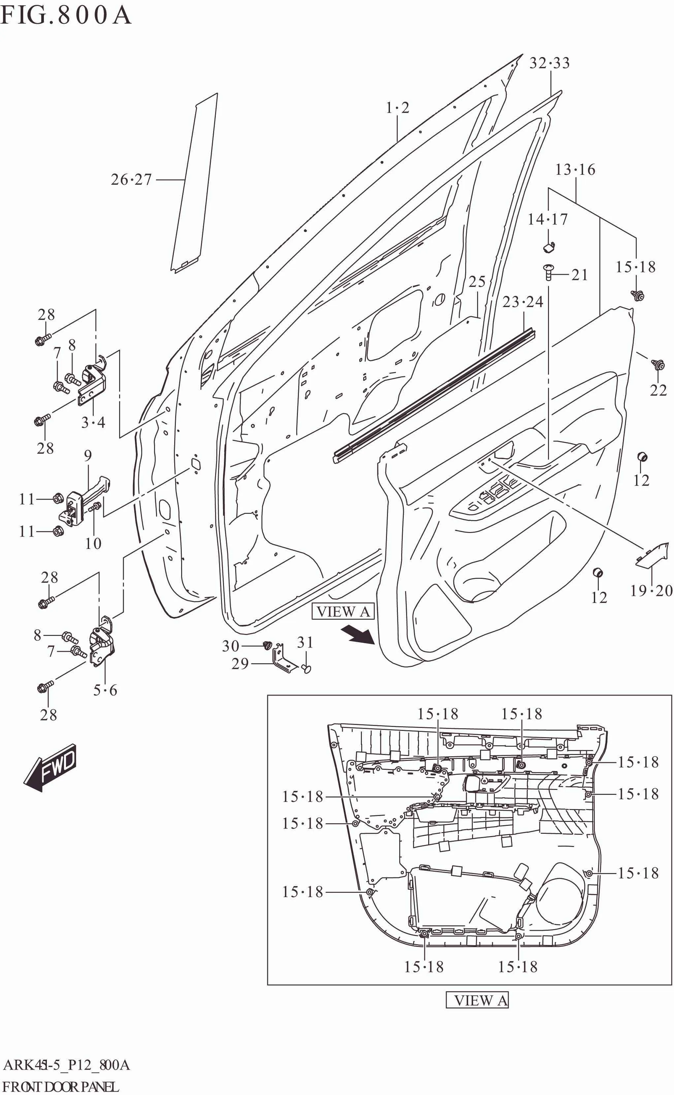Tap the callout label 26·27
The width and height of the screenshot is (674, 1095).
coord(132,180)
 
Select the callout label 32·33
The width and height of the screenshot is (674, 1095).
coord(549,63)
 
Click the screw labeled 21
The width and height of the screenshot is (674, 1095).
coord(548,271)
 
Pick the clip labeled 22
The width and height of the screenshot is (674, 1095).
coord(658,364)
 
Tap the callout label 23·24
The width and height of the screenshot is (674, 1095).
coord(523,302)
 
